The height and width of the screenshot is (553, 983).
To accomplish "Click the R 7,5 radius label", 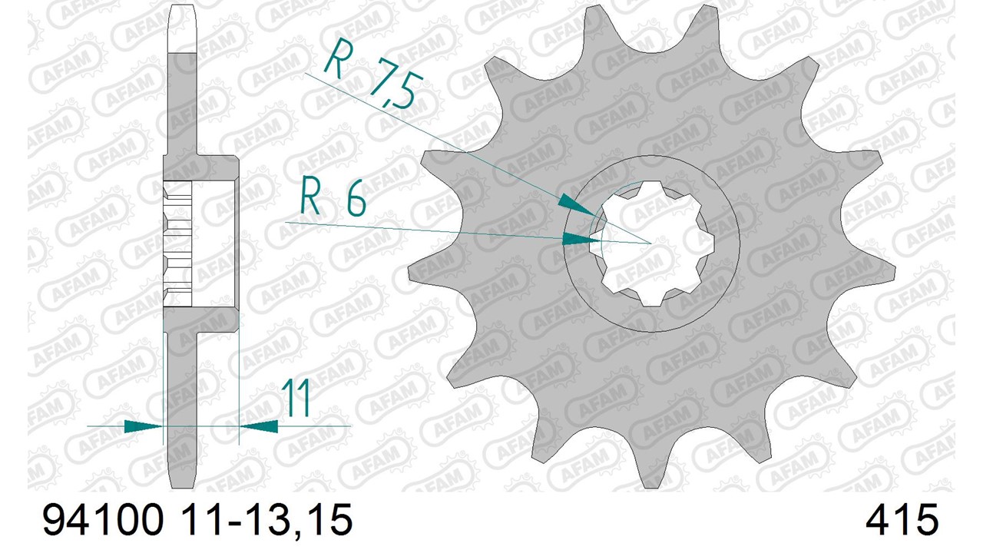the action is tap(374, 73).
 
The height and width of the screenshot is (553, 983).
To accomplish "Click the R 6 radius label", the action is tap(333, 200).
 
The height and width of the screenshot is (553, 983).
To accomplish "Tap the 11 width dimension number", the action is tap(296, 397).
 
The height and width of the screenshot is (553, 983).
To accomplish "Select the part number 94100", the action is tap(103, 520).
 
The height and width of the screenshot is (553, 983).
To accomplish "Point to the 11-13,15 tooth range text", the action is tap(266, 521).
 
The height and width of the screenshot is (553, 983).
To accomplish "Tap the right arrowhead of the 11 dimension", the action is tap(259, 426).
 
